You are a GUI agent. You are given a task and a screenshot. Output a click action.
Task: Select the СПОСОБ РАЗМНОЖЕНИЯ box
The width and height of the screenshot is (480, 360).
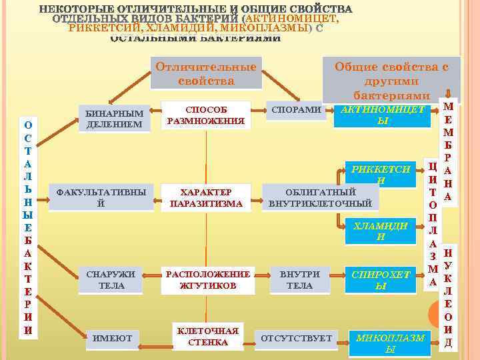[206, 115]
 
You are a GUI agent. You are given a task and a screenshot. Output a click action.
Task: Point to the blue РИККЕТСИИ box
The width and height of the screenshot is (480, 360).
[380, 175]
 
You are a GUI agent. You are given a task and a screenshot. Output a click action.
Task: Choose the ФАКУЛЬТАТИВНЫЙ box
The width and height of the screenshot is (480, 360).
[101, 197]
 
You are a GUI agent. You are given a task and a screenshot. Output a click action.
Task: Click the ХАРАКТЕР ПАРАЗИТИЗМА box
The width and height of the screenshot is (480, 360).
[206, 197]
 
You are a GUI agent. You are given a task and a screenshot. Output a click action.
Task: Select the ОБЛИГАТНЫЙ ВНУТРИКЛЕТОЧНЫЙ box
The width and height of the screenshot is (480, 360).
[321, 197]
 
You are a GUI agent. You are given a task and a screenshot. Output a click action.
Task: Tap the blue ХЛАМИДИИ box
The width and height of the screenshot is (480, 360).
[380, 231]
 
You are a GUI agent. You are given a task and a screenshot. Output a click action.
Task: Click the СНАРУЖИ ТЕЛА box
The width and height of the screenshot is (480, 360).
[111, 279]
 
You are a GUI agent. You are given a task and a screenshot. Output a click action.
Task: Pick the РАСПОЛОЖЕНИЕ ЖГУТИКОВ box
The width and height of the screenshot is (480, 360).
[208, 279]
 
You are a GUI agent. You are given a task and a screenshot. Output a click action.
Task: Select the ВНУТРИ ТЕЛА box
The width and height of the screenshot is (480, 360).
[299, 279]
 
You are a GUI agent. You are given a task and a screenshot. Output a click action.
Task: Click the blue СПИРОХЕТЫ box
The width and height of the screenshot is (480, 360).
[381, 279]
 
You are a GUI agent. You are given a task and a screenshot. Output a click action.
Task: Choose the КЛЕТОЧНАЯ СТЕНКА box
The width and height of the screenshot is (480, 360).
[207, 337]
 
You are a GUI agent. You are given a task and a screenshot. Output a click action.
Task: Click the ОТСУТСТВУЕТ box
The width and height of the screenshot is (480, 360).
[296, 339]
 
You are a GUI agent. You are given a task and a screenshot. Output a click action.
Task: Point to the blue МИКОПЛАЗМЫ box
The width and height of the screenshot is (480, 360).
[390, 343]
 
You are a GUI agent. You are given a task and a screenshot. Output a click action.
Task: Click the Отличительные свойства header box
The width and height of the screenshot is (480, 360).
[206, 73]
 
